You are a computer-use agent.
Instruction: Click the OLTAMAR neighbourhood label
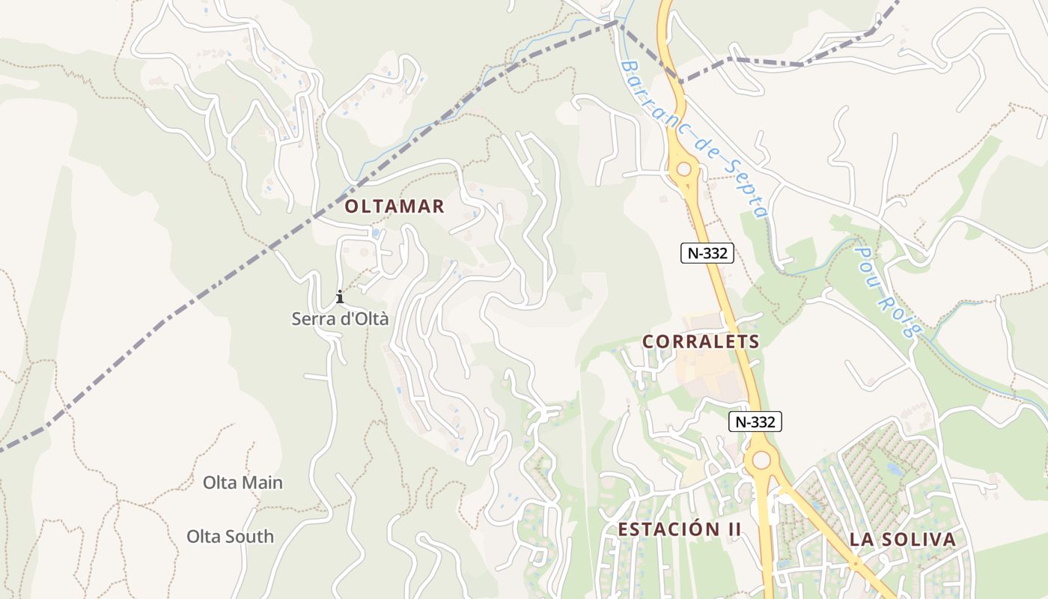tap(394, 207)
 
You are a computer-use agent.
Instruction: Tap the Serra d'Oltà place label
tap(340, 319)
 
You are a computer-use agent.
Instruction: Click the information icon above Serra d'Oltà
tap(340, 297)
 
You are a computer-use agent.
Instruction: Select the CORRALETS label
tap(701, 342)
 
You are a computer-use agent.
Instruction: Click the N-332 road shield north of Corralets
tap(707, 253)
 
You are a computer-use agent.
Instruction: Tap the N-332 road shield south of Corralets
tap(755, 422)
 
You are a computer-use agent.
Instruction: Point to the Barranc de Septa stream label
tap(692, 139)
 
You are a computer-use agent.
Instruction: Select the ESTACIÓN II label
tap(679, 529)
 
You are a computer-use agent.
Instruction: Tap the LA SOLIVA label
tap(902, 540)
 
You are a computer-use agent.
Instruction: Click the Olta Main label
tap(243, 483)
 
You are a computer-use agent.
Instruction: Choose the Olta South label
tap(230, 537)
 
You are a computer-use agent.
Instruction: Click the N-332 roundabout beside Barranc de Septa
tap(683, 169)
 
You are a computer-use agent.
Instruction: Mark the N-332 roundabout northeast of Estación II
tap(761, 460)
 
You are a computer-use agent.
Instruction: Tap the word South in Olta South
tap(249, 537)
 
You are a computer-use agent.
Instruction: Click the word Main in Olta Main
tap(262, 483)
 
